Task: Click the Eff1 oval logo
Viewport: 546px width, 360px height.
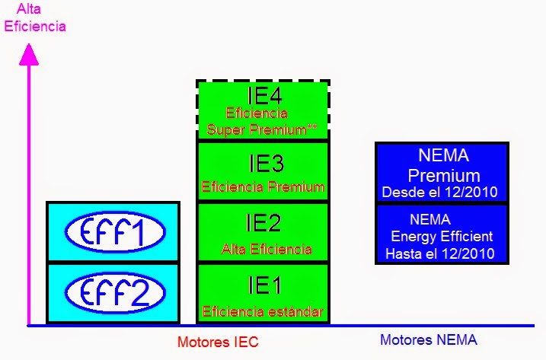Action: pyautogui.click(x=113, y=232)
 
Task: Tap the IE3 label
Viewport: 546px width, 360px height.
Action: pyautogui.click(x=263, y=163)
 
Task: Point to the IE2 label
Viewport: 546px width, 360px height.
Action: pyautogui.click(x=263, y=223)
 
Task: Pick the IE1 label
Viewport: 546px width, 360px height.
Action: pyautogui.click(x=263, y=285)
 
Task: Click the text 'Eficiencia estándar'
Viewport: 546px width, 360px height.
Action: pyautogui.click(x=263, y=311)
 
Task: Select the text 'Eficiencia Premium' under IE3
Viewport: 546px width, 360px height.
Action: pyautogui.click(x=263, y=186)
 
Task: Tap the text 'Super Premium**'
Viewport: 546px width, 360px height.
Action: pyautogui.click(x=262, y=129)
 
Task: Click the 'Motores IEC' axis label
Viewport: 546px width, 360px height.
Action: pyautogui.click(x=218, y=342)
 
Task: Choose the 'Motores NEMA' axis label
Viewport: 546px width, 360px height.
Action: pyautogui.click(x=429, y=340)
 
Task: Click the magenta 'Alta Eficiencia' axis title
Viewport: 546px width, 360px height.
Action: pyautogui.click(x=35, y=19)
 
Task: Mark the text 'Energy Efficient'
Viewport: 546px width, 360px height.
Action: pyautogui.click(x=442, y=237)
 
